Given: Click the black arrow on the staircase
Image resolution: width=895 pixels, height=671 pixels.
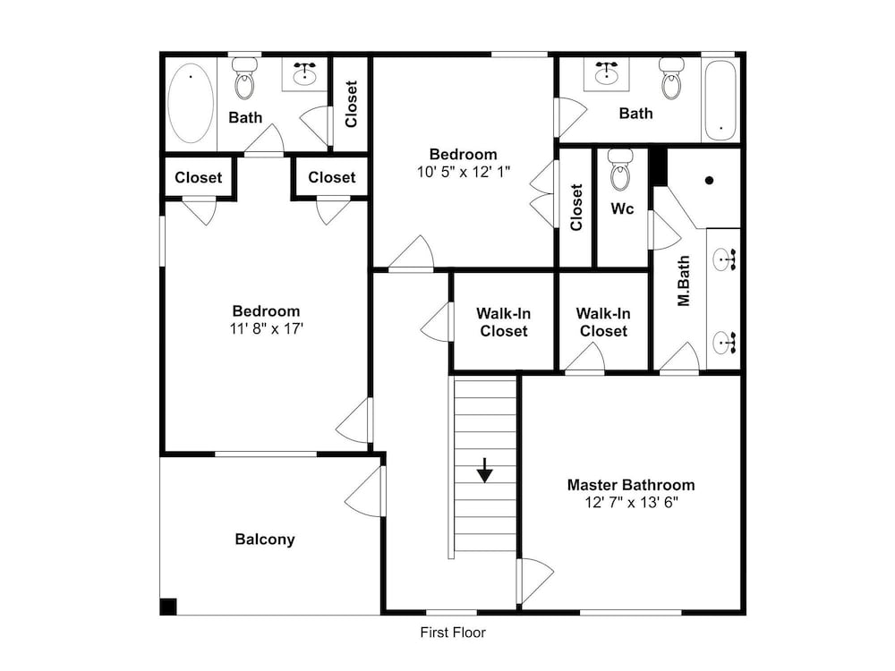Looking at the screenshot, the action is coord(484,471).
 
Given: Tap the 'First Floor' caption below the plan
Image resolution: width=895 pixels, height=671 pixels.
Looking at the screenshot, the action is coord(453,633).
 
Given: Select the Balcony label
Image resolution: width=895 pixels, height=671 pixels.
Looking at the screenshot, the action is coord(265,539).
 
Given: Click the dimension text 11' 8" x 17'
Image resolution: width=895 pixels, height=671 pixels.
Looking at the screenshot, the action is coord(266,328).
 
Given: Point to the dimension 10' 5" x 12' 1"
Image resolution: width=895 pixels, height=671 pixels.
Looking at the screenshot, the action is coord(463,172).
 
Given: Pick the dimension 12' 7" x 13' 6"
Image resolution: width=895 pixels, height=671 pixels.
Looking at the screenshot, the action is coord(631,503).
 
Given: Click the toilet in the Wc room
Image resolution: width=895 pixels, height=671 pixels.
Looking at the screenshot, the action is coord(621,169).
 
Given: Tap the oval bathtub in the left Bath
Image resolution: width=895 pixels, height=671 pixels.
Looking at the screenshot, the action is coord(192,103).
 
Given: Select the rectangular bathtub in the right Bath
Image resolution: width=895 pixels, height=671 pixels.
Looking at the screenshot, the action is coord(720,100).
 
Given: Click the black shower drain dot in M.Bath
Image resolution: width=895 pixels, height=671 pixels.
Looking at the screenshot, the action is coord(710,181).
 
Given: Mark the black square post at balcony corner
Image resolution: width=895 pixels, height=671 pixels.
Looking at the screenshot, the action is coord(168,606).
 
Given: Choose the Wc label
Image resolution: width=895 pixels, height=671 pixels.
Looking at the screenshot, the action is coord(622,208).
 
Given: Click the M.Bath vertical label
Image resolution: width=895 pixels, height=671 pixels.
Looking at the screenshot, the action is coord(684,281).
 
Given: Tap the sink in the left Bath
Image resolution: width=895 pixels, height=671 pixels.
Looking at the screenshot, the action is coord(305,73).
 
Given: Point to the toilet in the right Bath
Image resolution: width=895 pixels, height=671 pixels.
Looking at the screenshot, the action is coord(672,78).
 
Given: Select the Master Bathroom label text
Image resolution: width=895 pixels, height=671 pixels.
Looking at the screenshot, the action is coord(631,485).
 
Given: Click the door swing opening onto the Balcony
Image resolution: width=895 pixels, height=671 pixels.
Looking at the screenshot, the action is coord(365,492).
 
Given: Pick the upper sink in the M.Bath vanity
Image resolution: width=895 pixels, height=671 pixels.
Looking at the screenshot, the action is coord(724,259).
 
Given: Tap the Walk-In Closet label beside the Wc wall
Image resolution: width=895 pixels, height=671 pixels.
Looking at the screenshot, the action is coord(603,322).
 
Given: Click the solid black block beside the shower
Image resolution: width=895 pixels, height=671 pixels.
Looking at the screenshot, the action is coord(660,166).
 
